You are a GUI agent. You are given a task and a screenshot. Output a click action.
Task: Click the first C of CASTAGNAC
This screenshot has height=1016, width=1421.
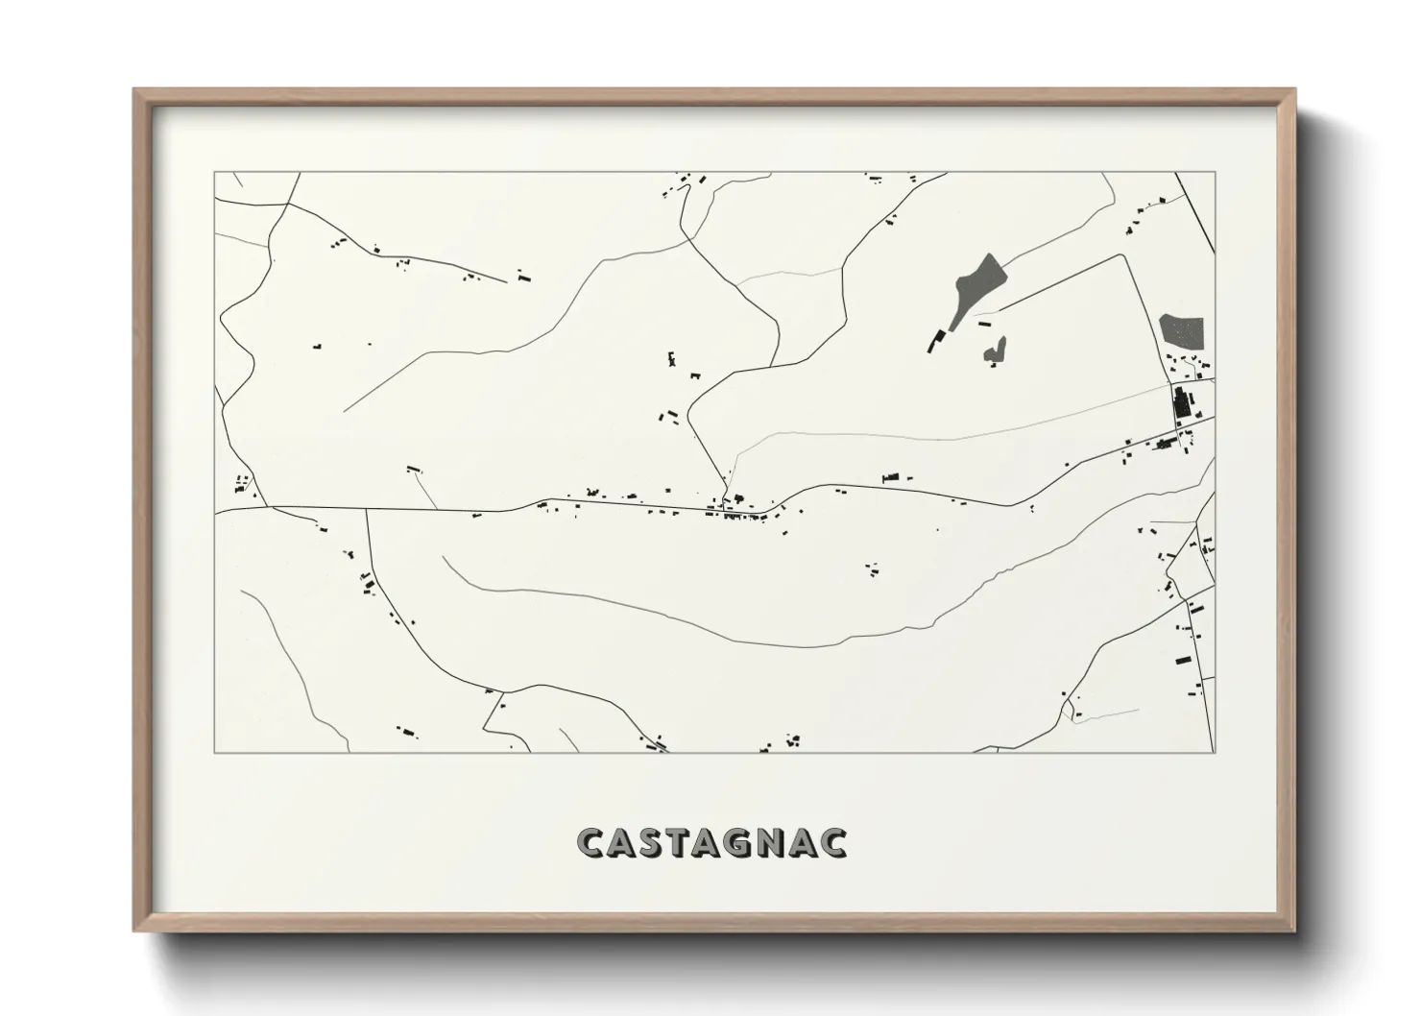point(591,843)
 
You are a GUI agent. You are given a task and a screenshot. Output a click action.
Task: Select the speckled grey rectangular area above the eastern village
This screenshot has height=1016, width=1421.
point(1180,332)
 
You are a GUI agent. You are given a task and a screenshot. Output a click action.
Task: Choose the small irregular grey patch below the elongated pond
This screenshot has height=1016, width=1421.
point(996,351)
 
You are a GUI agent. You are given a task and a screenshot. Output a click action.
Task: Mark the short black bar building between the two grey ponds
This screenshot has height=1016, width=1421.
point(983,325)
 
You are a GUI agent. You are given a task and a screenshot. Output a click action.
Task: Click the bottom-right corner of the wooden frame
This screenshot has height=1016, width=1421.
point(1293,931)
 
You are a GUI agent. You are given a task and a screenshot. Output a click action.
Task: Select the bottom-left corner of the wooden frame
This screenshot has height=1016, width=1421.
point(134,931)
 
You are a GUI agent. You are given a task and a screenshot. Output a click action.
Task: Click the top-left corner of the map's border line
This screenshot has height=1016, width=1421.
point(214,173)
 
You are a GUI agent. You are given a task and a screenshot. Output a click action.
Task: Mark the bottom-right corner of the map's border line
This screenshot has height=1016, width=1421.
point(1215,752)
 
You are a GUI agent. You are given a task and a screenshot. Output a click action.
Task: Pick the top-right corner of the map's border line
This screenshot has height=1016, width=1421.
point(1215,173)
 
